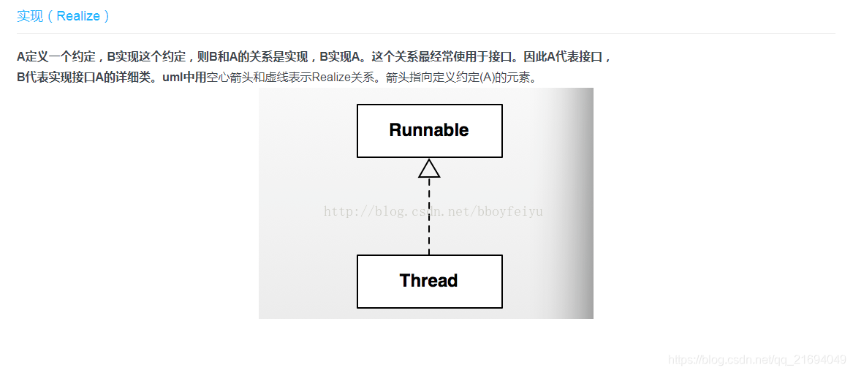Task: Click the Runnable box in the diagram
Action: pyautogui.click(x=429, y=131)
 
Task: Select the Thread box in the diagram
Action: pyautogui.click(x=429, y=282)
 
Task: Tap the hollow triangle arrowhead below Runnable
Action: pyautogui.click(x=429, y=169)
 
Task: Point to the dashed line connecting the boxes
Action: pyautogui.click(x=429, y=219)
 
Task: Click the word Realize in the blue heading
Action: pyautogui.click(x=77, y=16)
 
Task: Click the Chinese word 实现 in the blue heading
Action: pyautogui.click(x=30, y=16)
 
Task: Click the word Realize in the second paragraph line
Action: pyautogui.click(x=333, y=78)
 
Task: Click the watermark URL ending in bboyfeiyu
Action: pyautogui.click(x=433, y=212)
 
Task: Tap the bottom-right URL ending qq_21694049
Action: pyautogui.click(x=757, y=360)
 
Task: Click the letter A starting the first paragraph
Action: pyautogui.click(x=21, y=56)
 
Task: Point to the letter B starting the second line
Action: pyautogui.click(x=21, y=78)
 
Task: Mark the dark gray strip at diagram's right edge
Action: pyautogui.click(x=585, y=203)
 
